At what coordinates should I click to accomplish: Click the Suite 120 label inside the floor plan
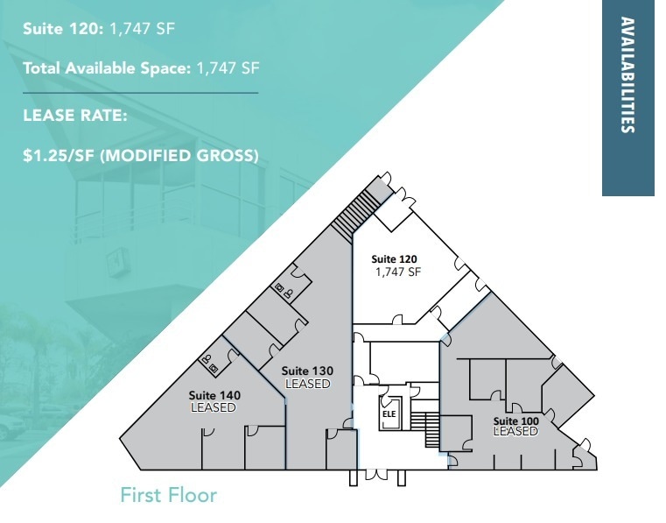tap(395, 258)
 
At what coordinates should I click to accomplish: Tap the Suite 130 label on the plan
tap(306, 371)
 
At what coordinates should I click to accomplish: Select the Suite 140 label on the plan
tap(214, 395)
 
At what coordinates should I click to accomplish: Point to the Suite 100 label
tap(515, 420)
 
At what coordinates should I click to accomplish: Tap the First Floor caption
tap(168, 495)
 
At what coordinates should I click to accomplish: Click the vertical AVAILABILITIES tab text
tap(627, 74)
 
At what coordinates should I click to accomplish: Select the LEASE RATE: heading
tap(75, 114)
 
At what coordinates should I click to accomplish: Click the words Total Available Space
tap(104, 68)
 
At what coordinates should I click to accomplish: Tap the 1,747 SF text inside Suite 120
tap(398, 272)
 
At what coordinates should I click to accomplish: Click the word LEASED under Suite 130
tap(308, 384)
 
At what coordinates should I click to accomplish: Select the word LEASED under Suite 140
tap(214, 407)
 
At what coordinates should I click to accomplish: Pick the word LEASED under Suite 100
tap(515, 431)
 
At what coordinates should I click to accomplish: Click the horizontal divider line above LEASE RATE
tap(140, 92)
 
